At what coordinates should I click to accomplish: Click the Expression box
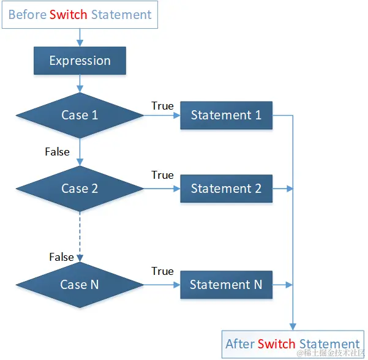pos(80,61)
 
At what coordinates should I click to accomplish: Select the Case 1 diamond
pos(80,115)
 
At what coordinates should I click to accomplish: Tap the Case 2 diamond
pos(80,189)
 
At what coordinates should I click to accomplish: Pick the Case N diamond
pos(80,285)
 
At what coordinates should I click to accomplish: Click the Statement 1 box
pos(226,115)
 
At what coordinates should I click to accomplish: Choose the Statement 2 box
pos(226,189)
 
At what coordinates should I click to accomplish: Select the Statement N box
pos(226,285)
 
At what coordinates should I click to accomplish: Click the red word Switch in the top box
pos(69,14)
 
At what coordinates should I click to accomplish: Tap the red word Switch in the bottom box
pos(276,343)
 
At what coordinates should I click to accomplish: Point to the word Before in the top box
pos(28,14)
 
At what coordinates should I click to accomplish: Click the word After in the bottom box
pos(239,343)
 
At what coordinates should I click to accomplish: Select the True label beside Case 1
pos(162,106)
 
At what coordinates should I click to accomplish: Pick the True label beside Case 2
pos(162,175)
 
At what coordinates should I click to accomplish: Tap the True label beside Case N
pos(162,271)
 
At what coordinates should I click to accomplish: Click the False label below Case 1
pos(58,151)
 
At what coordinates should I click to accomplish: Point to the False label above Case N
pos(61,257)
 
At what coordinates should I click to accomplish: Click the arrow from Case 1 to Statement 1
pos(162,116)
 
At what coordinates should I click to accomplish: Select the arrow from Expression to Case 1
pos(80,83)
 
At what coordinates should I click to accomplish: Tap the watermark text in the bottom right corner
pos(331,354)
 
